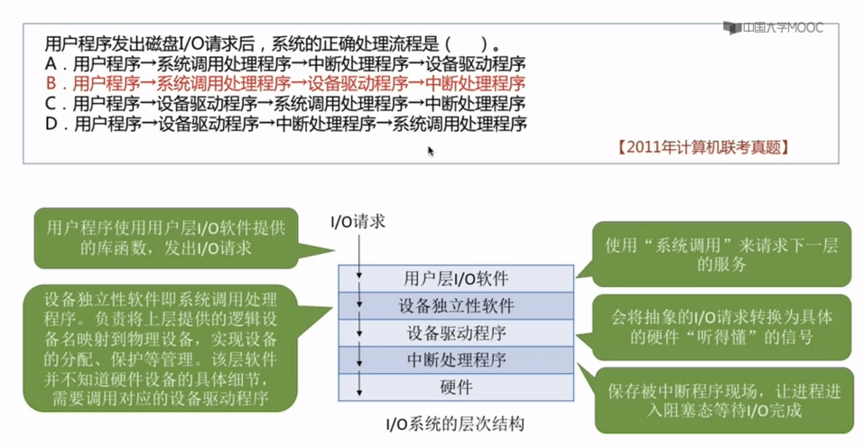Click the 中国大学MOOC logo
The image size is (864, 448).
pos(773,28)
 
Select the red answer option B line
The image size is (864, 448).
pos(285,83)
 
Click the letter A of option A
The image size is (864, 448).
pos(51,63)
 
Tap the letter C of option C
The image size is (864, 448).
pos(51,103)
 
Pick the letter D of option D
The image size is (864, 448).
pos(51,124)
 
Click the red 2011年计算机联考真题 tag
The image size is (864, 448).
pos(703,147)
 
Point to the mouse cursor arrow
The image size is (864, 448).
pos(431,151)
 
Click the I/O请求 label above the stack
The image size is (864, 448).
pos(358,221)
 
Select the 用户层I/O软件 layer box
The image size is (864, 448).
pos(456,278)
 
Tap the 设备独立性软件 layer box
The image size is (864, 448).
pos(456,305)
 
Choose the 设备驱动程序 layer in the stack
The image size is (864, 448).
pos(456,332)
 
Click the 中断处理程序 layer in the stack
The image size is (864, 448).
pos(456,359)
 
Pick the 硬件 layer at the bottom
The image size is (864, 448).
pos(456,387)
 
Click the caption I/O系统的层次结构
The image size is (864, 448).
pos(455,424)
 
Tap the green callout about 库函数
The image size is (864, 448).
pos(166,238)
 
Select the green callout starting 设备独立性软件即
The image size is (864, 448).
pos(161,349)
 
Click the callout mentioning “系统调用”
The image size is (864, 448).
pos(721,254)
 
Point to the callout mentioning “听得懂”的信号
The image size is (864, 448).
pos(721,327)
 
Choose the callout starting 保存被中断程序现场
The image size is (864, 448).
pos(724,401)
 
